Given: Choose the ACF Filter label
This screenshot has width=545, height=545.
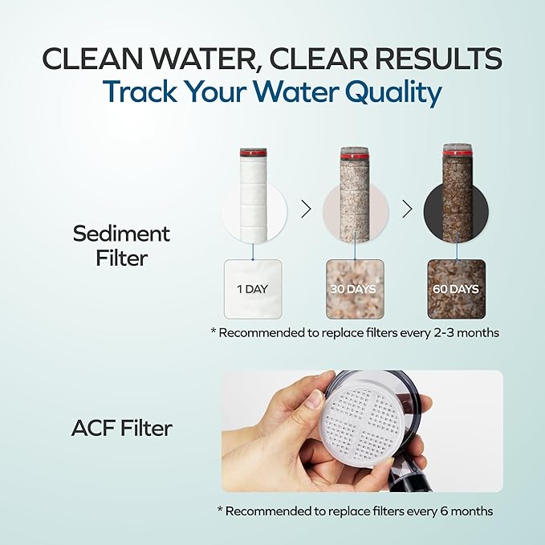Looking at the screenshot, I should coord(121,429).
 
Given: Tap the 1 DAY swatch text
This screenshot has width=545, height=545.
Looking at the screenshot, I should coord(253,289).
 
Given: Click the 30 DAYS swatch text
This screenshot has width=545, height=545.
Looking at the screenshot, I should coord(355,289).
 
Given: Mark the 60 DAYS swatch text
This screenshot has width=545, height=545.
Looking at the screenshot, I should coord(457,289).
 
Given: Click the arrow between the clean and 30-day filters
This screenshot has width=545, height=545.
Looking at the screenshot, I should coord(305,209).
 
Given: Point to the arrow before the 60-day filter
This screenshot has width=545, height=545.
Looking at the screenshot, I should coord(407,209).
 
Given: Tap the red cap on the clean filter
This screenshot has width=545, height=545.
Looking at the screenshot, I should coord(253,151).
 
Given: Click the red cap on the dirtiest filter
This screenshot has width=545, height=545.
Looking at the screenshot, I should coord(457,148).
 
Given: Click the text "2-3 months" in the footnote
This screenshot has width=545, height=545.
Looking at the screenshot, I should coord(464,332).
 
